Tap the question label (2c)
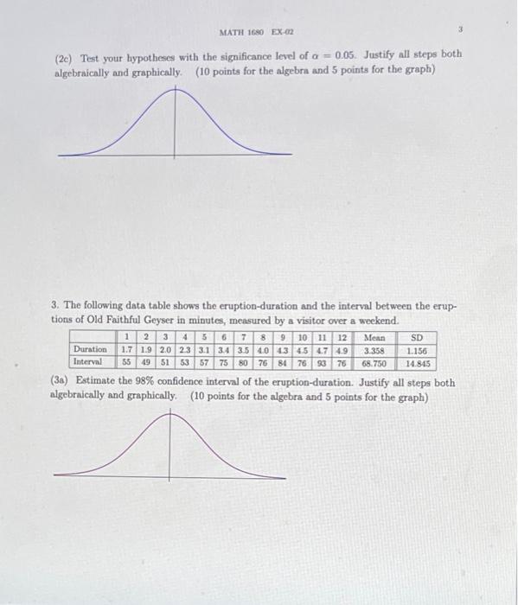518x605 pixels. (66, 54)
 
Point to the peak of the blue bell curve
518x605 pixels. (177, 89)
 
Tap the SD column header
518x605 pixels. (417, 337)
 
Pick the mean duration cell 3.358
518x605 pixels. (374, 351)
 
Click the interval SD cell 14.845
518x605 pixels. (417, 364)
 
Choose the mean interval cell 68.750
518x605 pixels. (374, 363)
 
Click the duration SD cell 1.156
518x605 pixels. (417, 351)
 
